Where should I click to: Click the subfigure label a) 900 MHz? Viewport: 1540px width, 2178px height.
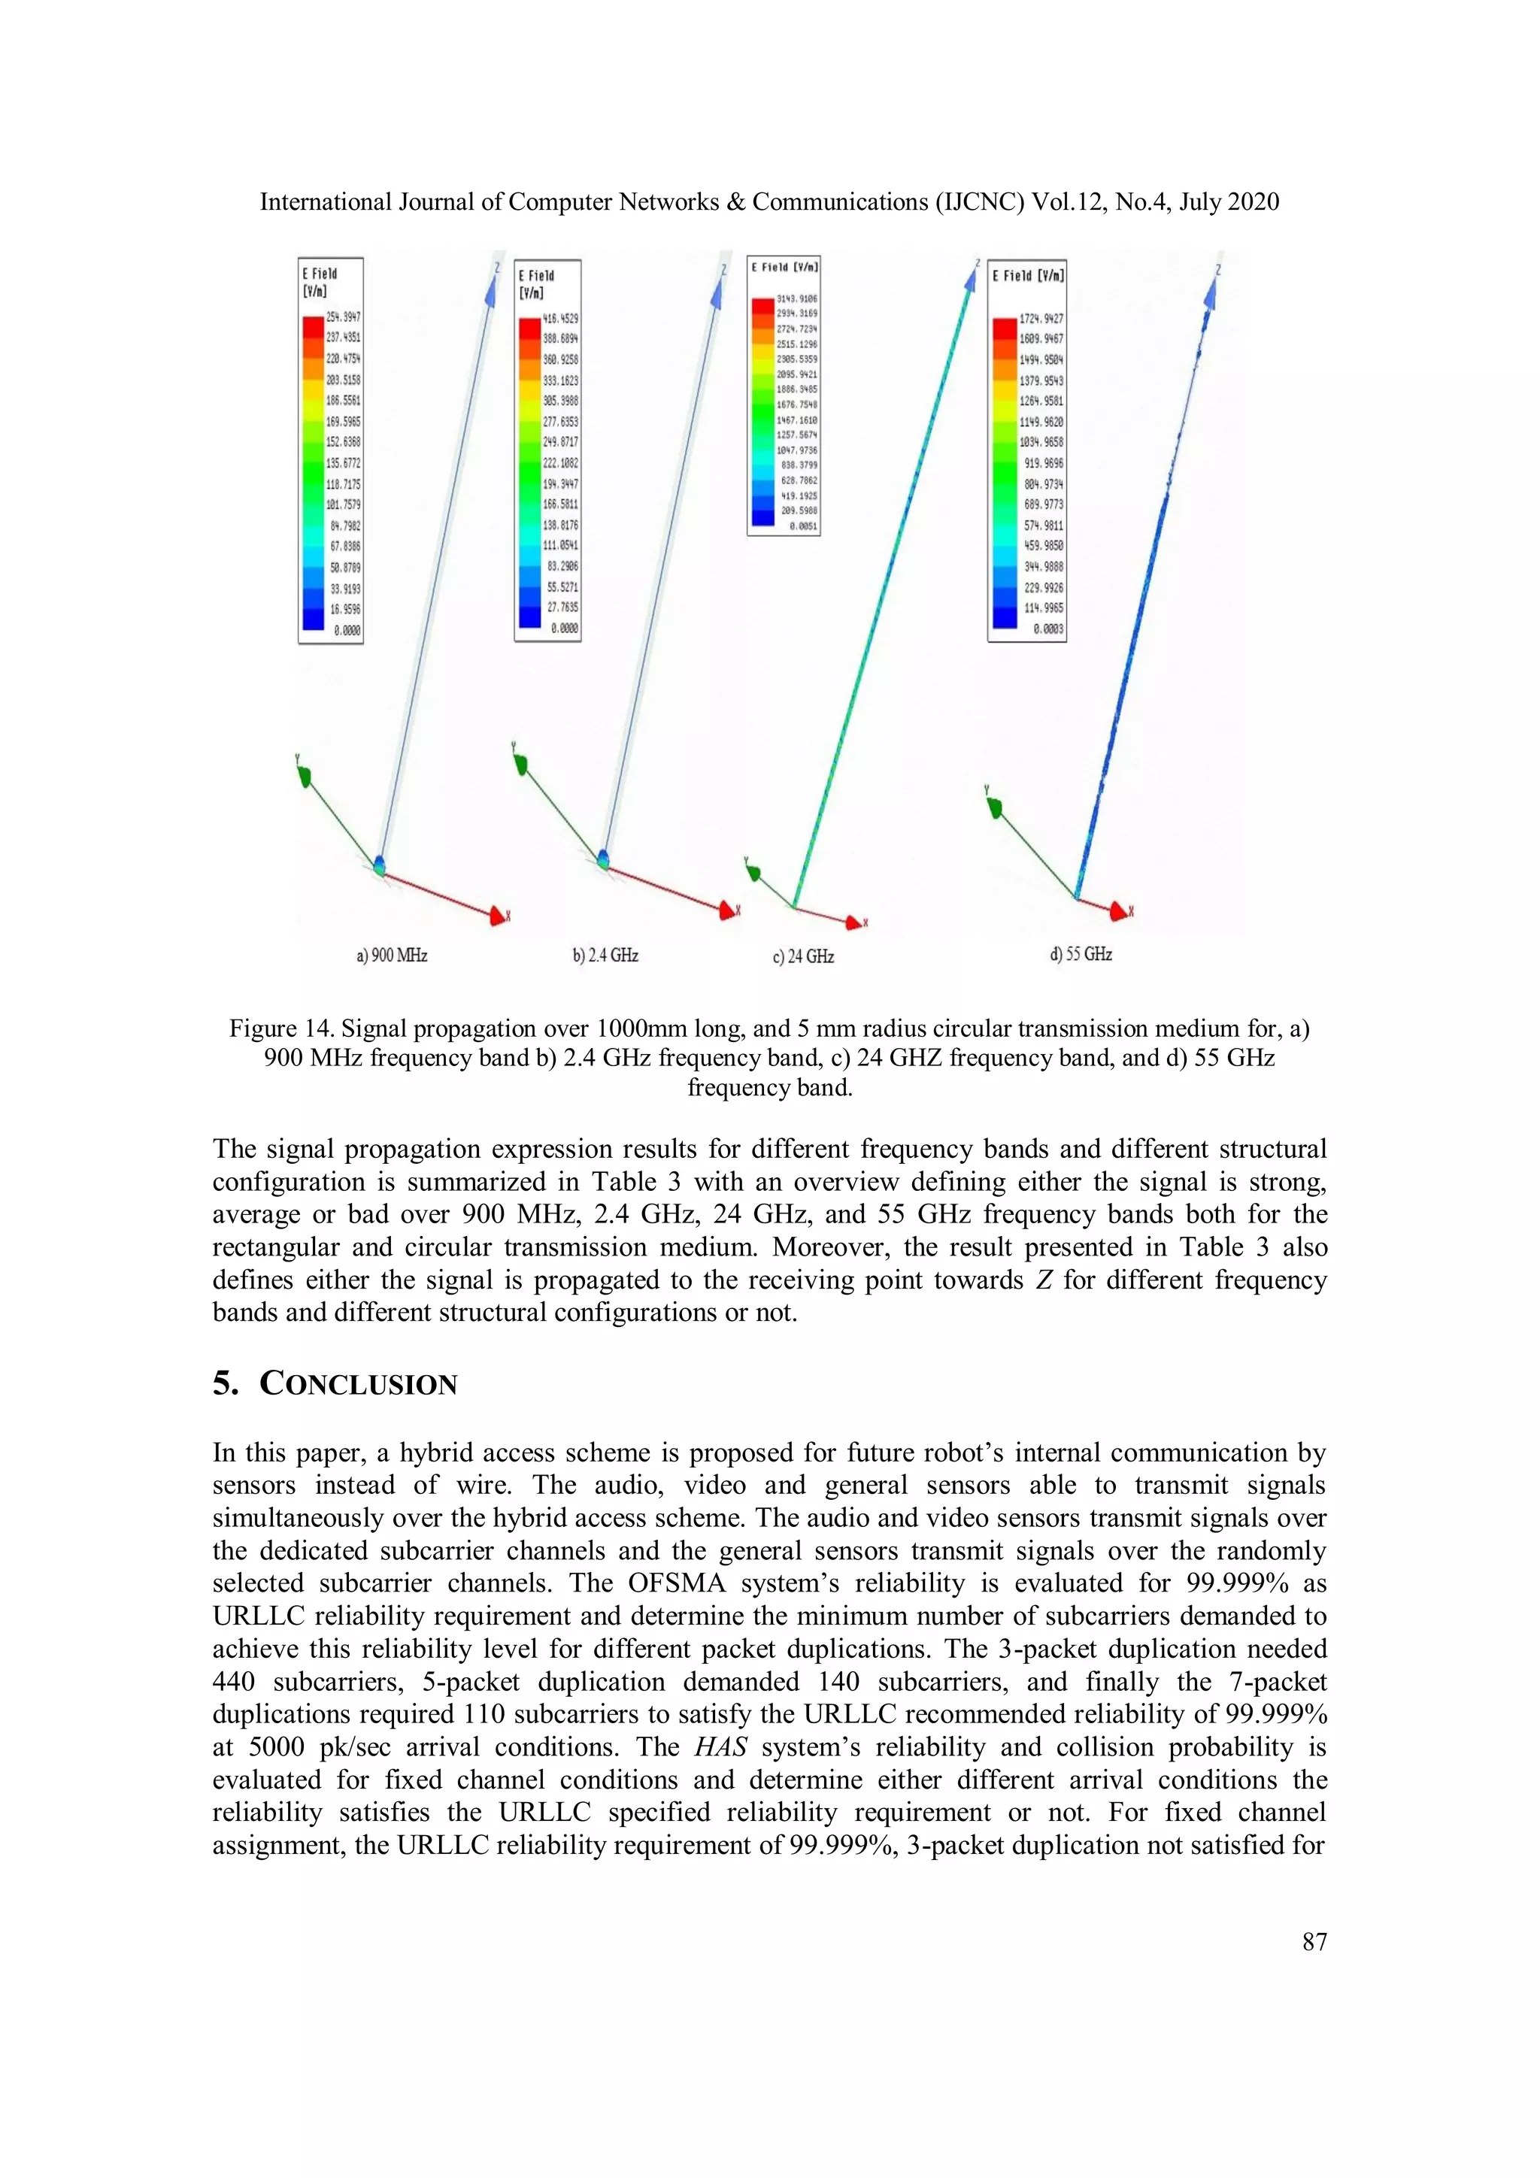pos(392,956)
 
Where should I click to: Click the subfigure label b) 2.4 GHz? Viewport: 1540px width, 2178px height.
pos(605,956)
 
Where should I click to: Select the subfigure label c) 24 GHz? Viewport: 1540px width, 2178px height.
pos(803,956)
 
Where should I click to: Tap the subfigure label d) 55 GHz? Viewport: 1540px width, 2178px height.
pos(1081,954)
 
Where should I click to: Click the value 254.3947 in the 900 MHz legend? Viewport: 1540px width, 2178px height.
pos(344,317)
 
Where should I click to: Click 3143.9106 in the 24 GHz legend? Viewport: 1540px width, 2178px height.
pos(796,298)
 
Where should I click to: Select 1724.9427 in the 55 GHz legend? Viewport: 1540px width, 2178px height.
pos(1041,319)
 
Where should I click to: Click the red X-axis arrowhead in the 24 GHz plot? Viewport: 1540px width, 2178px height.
pos(856,921)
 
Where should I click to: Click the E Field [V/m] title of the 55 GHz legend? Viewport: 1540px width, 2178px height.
pos(1028,275)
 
